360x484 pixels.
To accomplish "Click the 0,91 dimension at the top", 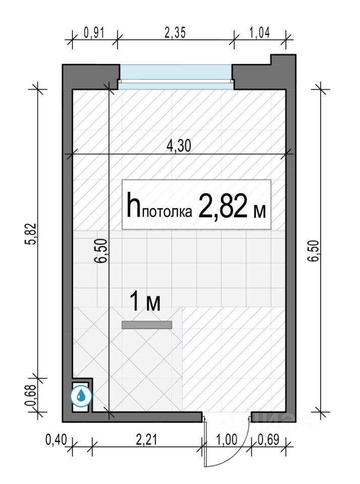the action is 94,32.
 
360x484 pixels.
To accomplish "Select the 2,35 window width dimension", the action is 175,32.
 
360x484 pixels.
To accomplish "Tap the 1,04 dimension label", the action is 259,32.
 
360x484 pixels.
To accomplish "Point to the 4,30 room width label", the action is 179,146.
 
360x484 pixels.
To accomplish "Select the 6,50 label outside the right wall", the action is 314,251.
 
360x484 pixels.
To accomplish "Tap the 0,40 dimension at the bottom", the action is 56,440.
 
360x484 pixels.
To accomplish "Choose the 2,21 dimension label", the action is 146,440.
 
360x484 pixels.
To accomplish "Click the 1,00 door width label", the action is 227,440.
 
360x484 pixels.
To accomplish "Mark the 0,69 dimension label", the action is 269,440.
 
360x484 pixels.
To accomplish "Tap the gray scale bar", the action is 147,325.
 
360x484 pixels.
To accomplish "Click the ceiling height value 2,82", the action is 223,206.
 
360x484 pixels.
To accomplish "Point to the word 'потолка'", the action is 167,212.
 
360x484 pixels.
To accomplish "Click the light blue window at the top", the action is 175,77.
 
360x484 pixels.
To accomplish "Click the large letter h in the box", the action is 134,204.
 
